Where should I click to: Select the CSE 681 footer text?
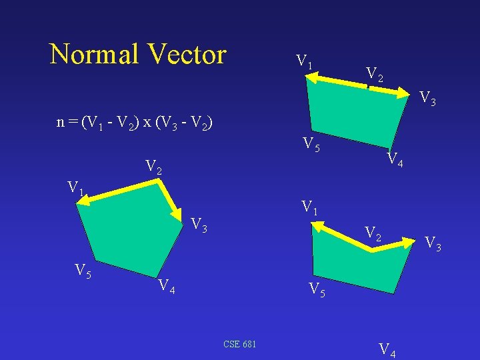[x=240, y=344]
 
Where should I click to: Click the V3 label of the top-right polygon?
[x=428, y=100]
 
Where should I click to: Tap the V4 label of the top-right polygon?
[x=395, y=160]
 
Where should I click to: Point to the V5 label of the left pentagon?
[x=83, y=271]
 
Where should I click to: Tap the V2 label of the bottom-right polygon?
[x=373, y=233]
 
